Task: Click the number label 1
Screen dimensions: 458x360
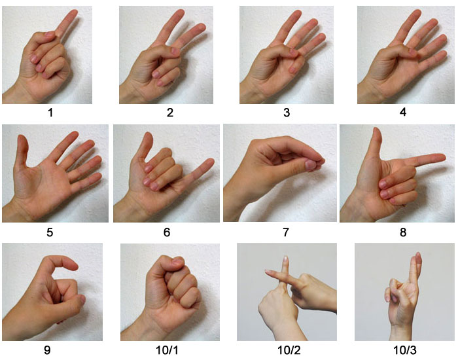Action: point(50,113)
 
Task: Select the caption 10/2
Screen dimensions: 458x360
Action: point(289,350)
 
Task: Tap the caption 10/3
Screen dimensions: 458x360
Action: point(405,350)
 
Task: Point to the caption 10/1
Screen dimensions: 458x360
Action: point(166,350)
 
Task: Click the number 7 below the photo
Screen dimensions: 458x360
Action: point(286,232)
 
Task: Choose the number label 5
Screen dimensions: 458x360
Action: point(50,232)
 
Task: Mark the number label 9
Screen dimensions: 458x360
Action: point(47,350)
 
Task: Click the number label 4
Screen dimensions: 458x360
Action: point(403,112)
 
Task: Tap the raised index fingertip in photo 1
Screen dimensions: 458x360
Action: point(73,13)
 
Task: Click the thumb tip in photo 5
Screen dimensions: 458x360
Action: point(22,139)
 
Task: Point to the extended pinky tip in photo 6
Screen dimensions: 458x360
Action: point(210,162)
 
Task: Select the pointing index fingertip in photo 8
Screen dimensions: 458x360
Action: point(441,158)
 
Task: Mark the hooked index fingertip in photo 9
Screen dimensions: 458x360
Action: point(73,265)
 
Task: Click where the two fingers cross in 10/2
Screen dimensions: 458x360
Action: point(283,278)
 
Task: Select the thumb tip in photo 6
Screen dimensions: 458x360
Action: point(149,137)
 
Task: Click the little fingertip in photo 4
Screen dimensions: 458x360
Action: point(443,54)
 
